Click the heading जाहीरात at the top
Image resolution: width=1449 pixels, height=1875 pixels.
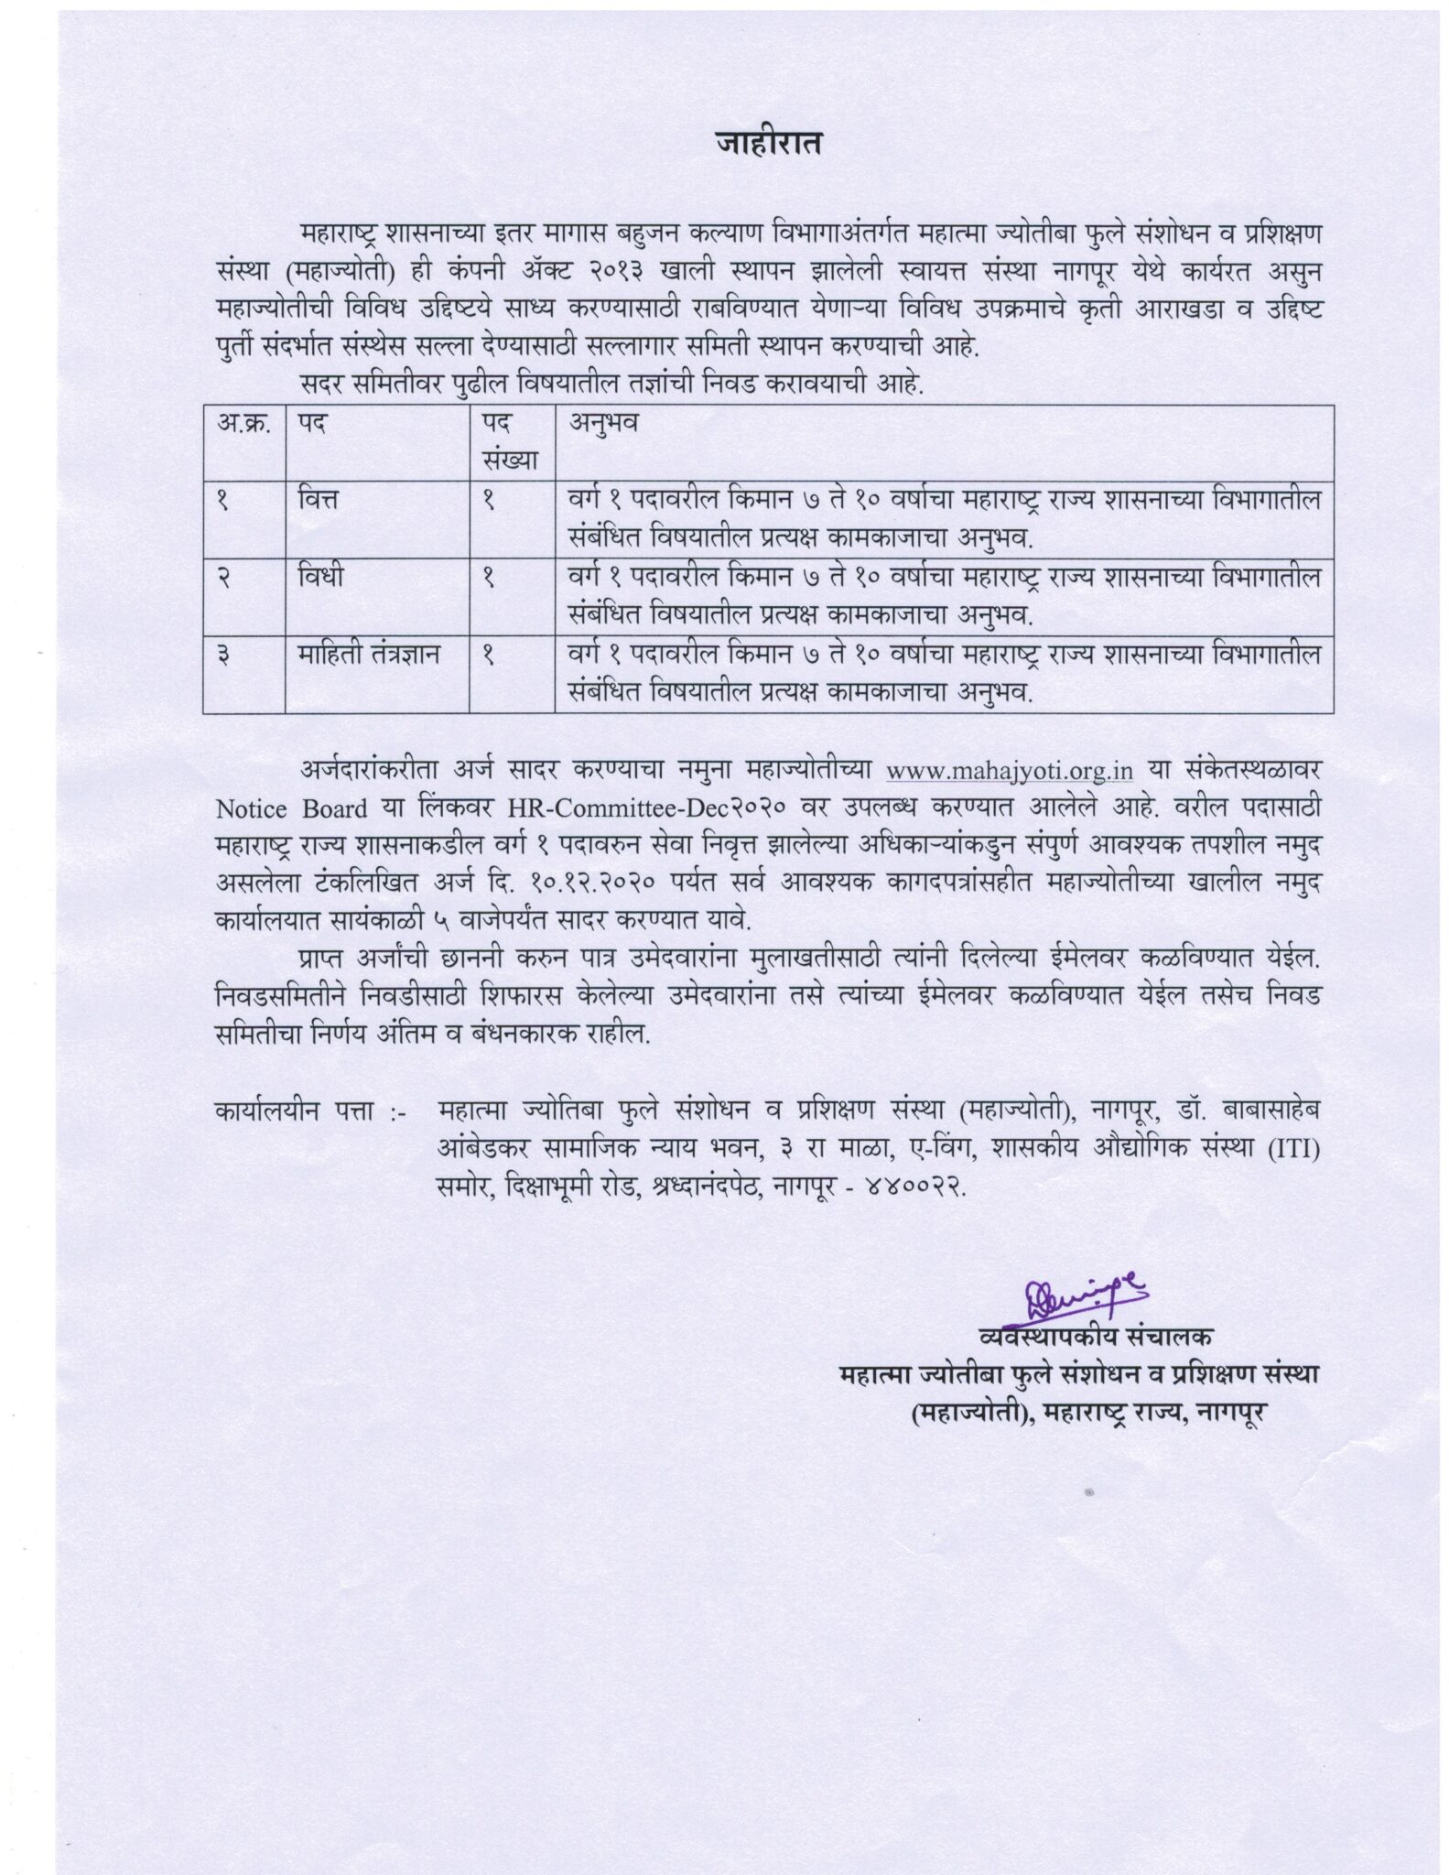pos(768,145)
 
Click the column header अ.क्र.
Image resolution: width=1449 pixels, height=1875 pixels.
pos(243,423)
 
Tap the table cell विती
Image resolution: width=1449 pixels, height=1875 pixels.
pos(322,501)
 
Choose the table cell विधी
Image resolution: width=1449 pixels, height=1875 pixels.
pos(321,578)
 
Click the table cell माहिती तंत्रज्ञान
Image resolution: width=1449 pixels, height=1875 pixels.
pos(369,655)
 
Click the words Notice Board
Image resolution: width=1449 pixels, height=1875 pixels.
pos(291,809)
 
